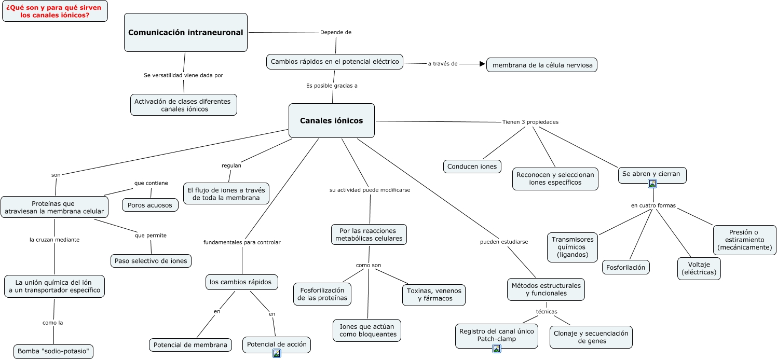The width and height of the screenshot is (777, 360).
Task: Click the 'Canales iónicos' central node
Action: (x=331, y=121)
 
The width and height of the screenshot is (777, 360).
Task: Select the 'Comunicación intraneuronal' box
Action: (x=185, y=33)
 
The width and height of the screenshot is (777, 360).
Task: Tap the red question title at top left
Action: (x=55, y=11)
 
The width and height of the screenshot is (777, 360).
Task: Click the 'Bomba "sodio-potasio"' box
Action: (x=54, y=351)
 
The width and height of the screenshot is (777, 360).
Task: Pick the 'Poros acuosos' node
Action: (x=150, y=205)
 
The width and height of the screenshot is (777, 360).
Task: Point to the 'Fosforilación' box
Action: (x=626, y=267)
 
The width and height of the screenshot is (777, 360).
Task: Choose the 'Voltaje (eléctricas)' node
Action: (x=699, y=268)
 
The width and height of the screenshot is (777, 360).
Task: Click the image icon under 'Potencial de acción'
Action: (x=277, y=353)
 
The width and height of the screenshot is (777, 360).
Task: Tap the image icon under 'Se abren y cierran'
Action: (x=652, y=183)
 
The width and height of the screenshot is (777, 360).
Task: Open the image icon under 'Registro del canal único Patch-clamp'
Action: (x=497, y=349)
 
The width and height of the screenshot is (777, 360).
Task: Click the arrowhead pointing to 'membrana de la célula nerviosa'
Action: (x=482, y=64)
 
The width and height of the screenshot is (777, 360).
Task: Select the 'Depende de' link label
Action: (x=336, y=32)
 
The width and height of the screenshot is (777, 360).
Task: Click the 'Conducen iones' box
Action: (x=472, y=167)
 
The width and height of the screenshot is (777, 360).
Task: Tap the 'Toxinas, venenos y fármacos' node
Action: (x=434, y=295)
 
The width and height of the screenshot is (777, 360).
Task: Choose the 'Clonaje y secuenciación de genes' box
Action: (x=591, y=337)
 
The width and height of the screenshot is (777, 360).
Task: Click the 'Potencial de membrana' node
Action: (x=190, y=345)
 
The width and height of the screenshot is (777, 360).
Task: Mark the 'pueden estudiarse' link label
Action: (x=503, y=242)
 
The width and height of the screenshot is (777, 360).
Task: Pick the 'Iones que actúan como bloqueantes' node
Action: (x=367, y=330)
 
